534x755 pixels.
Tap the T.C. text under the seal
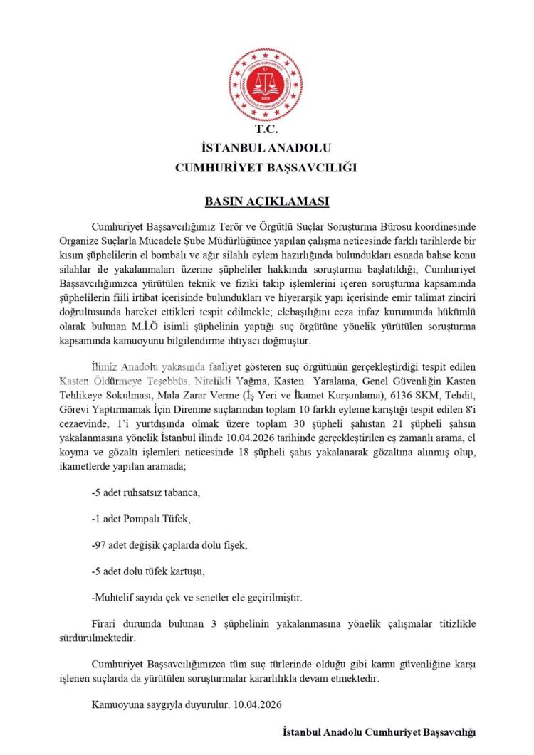266,130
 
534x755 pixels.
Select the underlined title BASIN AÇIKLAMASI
266,201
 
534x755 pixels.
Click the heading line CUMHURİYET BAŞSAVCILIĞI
266,168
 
